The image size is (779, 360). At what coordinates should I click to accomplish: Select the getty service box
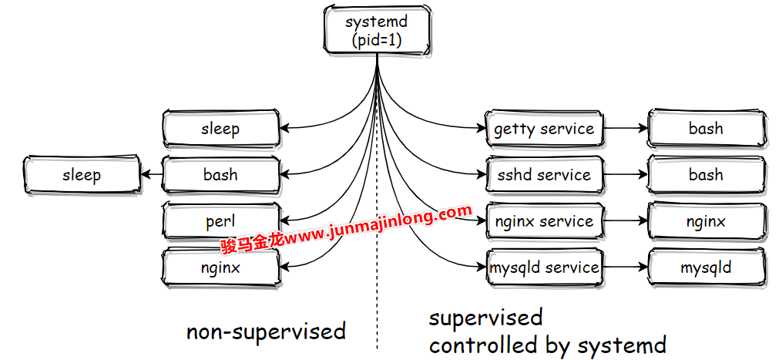click(544, 129)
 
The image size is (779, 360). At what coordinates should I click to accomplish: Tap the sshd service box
click(544, 175)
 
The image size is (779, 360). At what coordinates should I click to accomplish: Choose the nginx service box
click(544, 221)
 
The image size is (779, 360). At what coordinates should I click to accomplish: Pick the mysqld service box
click(544, 267)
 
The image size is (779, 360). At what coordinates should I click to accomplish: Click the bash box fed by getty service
click(706, 129)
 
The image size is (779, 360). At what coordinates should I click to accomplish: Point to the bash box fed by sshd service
click(706, 175)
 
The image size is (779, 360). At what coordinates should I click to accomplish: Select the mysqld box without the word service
click(706, 267)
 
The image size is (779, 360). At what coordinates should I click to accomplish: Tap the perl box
click(220, 221)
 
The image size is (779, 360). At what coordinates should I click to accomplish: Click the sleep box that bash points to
click(82, 175)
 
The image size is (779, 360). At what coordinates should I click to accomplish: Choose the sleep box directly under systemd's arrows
click(220, 129)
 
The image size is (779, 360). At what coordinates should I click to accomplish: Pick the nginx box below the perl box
click(220, 267)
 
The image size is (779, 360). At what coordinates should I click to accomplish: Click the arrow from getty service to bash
click(625, 129)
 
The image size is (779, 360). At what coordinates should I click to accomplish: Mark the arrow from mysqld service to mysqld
click(625, 267)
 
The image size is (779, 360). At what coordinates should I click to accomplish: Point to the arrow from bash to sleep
click(152, 175)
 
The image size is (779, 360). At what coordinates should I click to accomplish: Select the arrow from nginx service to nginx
click(625, 221)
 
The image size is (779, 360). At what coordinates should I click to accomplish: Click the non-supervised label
click(266, 332)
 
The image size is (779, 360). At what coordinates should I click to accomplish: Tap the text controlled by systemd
click(548, 345)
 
